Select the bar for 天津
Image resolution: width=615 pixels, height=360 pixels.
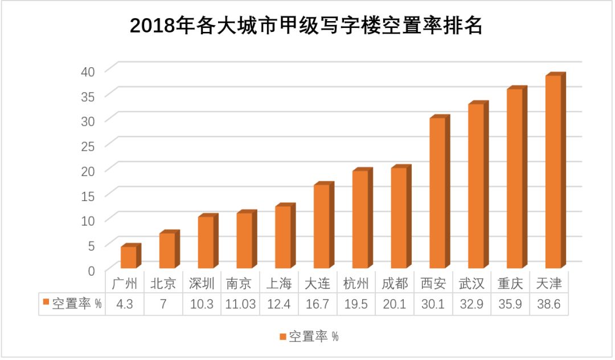(553, 171)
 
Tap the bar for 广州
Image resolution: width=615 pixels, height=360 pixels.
(128, 257)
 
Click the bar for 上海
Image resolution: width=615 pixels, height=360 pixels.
(283, 236)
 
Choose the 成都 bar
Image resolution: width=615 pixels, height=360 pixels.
(399, 218)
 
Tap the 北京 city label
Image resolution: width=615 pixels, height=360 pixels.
(163, 283)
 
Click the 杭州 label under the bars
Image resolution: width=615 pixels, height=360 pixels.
(356, 283)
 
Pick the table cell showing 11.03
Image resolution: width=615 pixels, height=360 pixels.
(241, 304)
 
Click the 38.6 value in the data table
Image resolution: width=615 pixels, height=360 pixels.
(549, 304)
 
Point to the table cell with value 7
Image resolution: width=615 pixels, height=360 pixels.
(163, 304)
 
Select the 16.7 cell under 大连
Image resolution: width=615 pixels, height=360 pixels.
(318, 304)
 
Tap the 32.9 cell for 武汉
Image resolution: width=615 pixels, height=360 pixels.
(471, 304)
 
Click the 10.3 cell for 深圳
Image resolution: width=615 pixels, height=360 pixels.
(202, 304)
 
